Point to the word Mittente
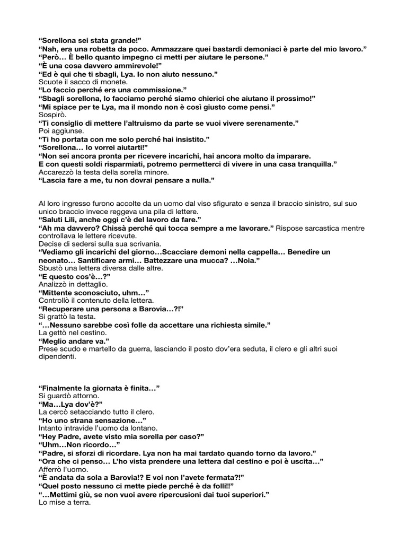click(x=59, y=293)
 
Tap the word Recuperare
click(x=64, y=309)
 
